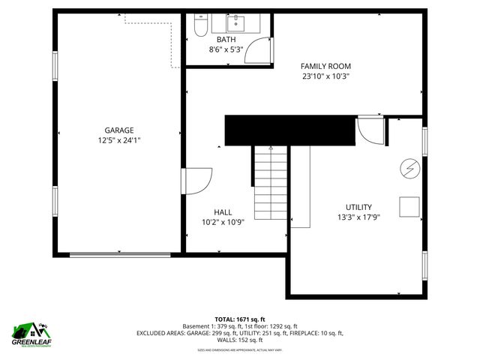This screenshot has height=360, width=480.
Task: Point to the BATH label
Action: [x=226, y=40]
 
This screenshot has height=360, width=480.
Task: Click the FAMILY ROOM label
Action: [x=325, y=66]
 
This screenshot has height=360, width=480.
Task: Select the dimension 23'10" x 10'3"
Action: [x=325, y=76]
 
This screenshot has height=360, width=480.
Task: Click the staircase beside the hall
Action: [x=270, y=181]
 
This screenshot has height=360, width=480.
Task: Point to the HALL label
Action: [x=223, y=211]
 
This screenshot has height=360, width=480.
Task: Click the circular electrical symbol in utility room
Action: [x=409, y=169]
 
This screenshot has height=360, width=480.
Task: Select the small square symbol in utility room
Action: [x=409, y=206]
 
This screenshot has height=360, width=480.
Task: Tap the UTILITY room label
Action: [x=358, y=208]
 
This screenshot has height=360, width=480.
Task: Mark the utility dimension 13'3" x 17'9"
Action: [x=358, y=218]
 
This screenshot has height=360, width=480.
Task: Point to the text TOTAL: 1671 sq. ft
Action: [x=239, y=319]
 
